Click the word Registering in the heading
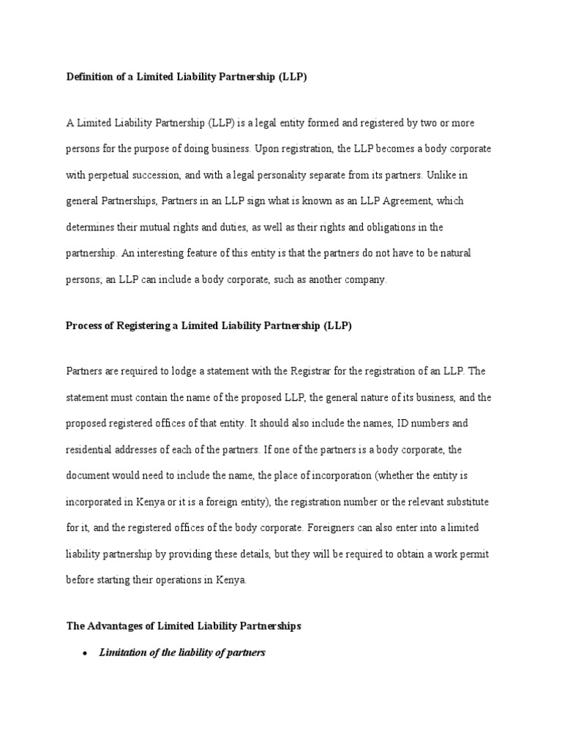pos(141,325)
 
